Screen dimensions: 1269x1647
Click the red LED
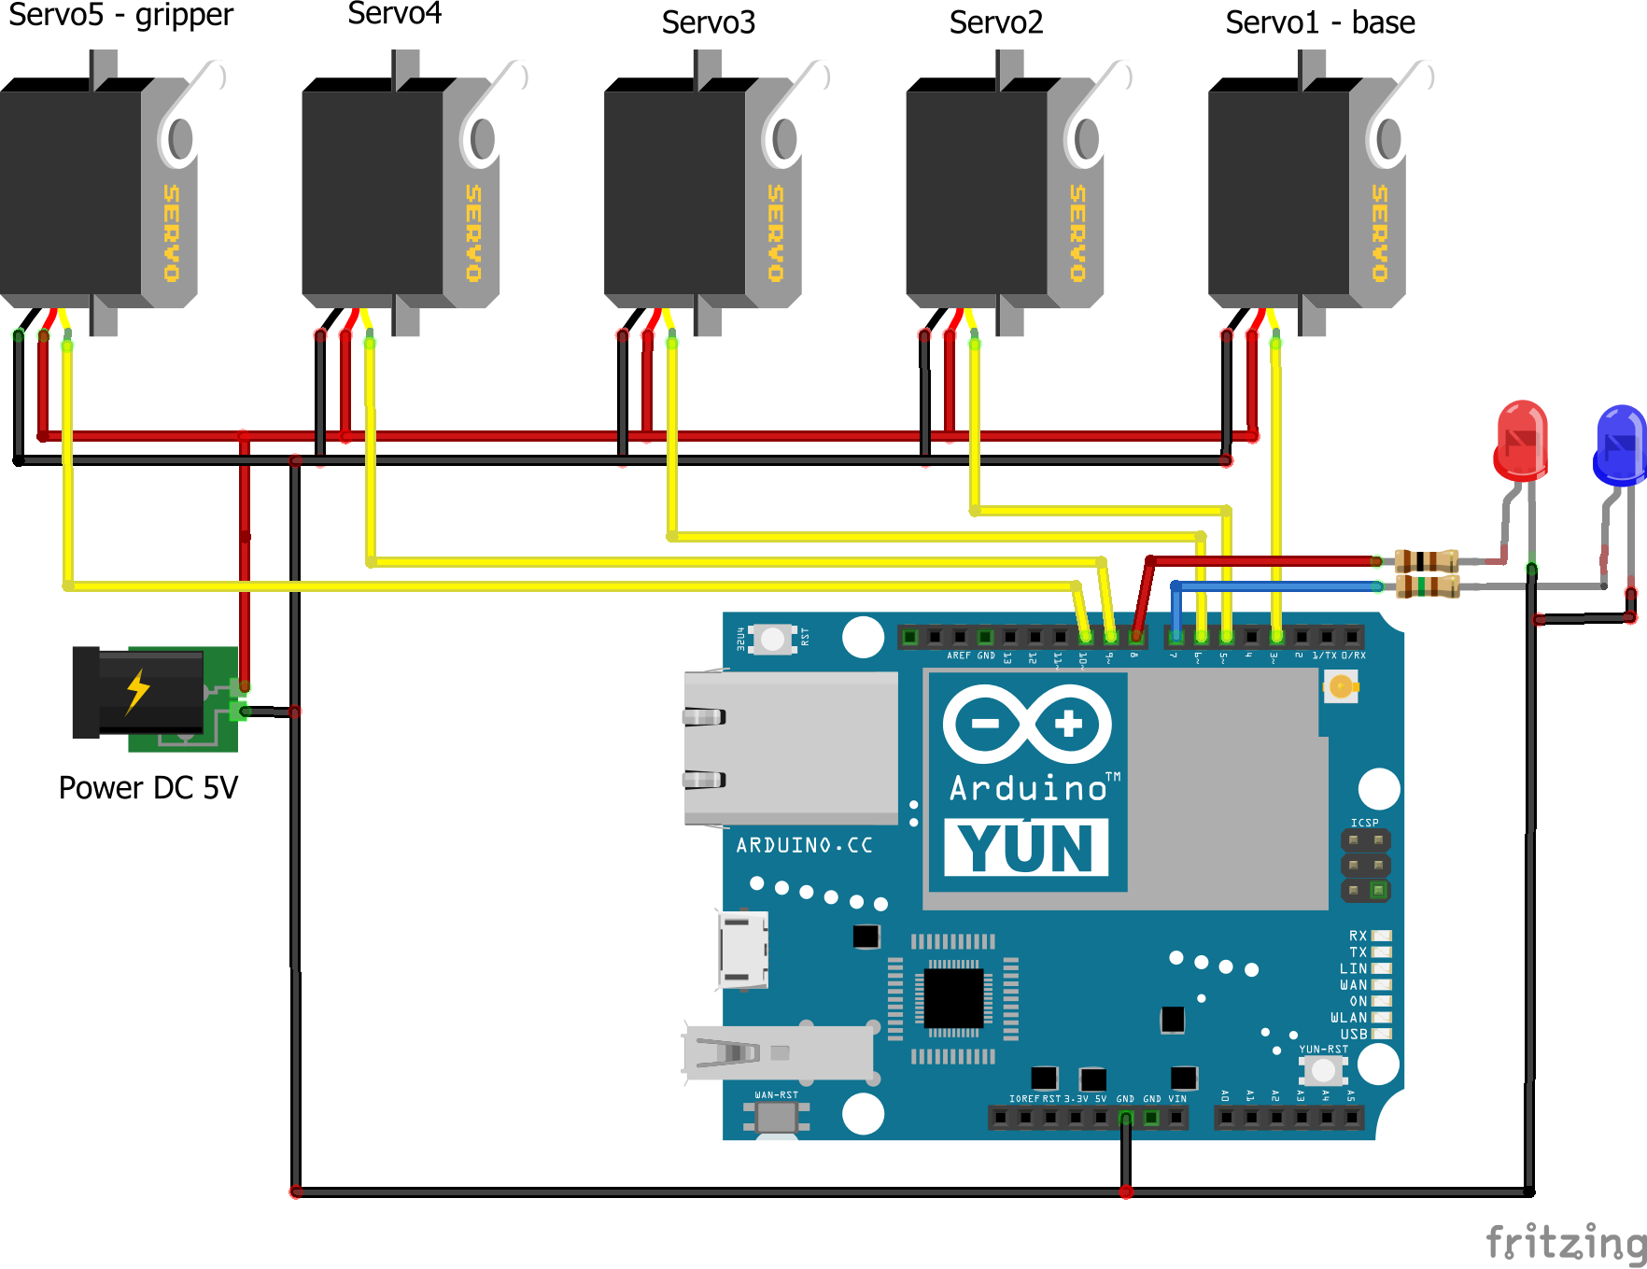1521,441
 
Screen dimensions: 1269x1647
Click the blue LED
1620,445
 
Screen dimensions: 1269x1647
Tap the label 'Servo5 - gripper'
120,16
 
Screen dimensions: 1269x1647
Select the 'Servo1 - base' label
1319,22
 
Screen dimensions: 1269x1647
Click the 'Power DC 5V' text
148,787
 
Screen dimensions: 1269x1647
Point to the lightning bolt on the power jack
138,691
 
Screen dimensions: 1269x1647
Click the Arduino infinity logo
1027,724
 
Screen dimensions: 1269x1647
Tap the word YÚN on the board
1026,848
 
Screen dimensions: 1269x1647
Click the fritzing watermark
1565,1243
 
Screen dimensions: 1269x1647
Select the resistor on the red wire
1426,561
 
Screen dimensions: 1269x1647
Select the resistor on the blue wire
1426,586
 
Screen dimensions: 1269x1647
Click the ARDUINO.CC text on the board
804,845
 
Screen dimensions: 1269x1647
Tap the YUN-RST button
1322,1070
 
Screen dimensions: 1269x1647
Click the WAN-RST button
776,1116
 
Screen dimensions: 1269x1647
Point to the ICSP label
1364,823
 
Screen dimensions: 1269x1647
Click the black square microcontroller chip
952,998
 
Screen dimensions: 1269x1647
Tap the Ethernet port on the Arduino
790,747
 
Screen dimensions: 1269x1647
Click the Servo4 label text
394,14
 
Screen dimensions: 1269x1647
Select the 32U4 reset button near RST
772,639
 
